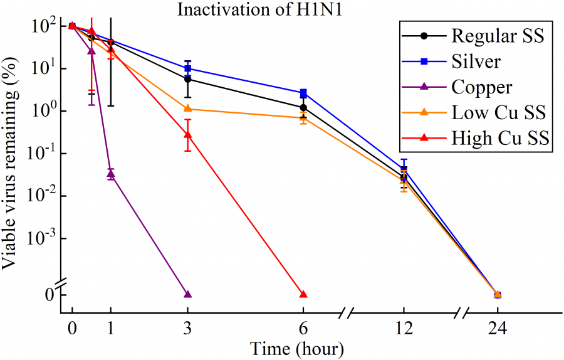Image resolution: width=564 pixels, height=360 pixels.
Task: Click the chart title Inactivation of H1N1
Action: click(x=280, y=10)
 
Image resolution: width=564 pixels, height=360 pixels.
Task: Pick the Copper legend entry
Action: click(x=481, y=88)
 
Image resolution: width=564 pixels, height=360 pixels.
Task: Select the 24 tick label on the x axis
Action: click(x=498, y=328)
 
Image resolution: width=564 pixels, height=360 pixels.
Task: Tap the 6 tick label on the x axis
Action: click(x=303, y=328)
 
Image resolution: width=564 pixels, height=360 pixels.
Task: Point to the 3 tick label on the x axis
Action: click(x=187, y=328)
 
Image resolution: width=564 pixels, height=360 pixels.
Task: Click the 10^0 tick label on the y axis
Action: click(x=43, y=112)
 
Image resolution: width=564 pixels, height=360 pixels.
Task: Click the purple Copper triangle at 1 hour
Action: click(x=111, y=174)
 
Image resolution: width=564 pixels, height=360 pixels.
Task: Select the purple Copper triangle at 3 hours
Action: click(x=187, y=294)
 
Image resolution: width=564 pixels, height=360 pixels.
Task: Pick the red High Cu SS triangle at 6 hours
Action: click(x=303, y=294)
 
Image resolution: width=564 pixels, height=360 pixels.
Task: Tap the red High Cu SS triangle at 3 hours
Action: click(x=187, y=134)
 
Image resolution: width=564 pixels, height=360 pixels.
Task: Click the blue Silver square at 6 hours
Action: click(x=303, y=93)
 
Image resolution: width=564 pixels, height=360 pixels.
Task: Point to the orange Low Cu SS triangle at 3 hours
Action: click(x=187, y=109)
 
